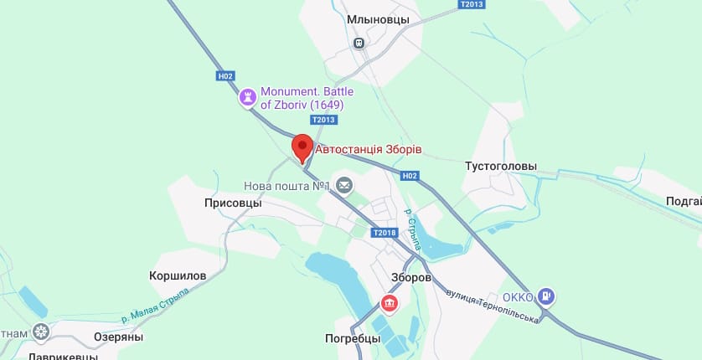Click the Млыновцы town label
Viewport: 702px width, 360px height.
click(x=378, y=19)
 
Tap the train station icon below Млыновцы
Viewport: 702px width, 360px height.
click(x=359, y=43)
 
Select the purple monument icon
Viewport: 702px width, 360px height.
click(x=247, y=97)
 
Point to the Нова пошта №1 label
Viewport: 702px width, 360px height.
click(x=284, y=185)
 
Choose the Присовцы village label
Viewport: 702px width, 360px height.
click(x=233, y=203)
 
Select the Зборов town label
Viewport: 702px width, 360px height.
click(x=411, y=277)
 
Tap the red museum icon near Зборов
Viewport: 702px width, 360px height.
click(x=389, y=302)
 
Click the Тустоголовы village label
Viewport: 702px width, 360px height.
click(x=501, y=167)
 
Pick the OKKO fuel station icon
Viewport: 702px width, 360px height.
click(x=546, y=296)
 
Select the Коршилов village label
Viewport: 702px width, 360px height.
click(x=178, y=275)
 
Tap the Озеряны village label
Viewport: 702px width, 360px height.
click(x=118, y=337)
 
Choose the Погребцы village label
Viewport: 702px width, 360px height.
click(x=353, y=339)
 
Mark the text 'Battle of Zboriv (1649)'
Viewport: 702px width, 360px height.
click(x=302, y=98)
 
